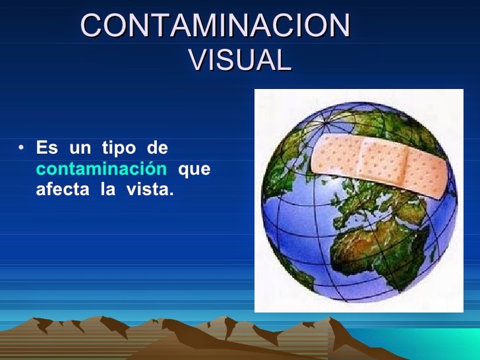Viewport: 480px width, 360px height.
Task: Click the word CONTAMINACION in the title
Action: pyautogui.click(x=215, y=26)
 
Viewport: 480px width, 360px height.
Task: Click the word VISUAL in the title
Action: pyautogui.click(x=239, y=60)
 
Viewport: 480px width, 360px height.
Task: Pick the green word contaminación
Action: pyautogui.click(x=101, y=169)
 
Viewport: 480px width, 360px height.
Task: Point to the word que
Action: pyautogui.click(x=195, y=169)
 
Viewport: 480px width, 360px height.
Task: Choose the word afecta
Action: pyautogui.click(x=60, y=191)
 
